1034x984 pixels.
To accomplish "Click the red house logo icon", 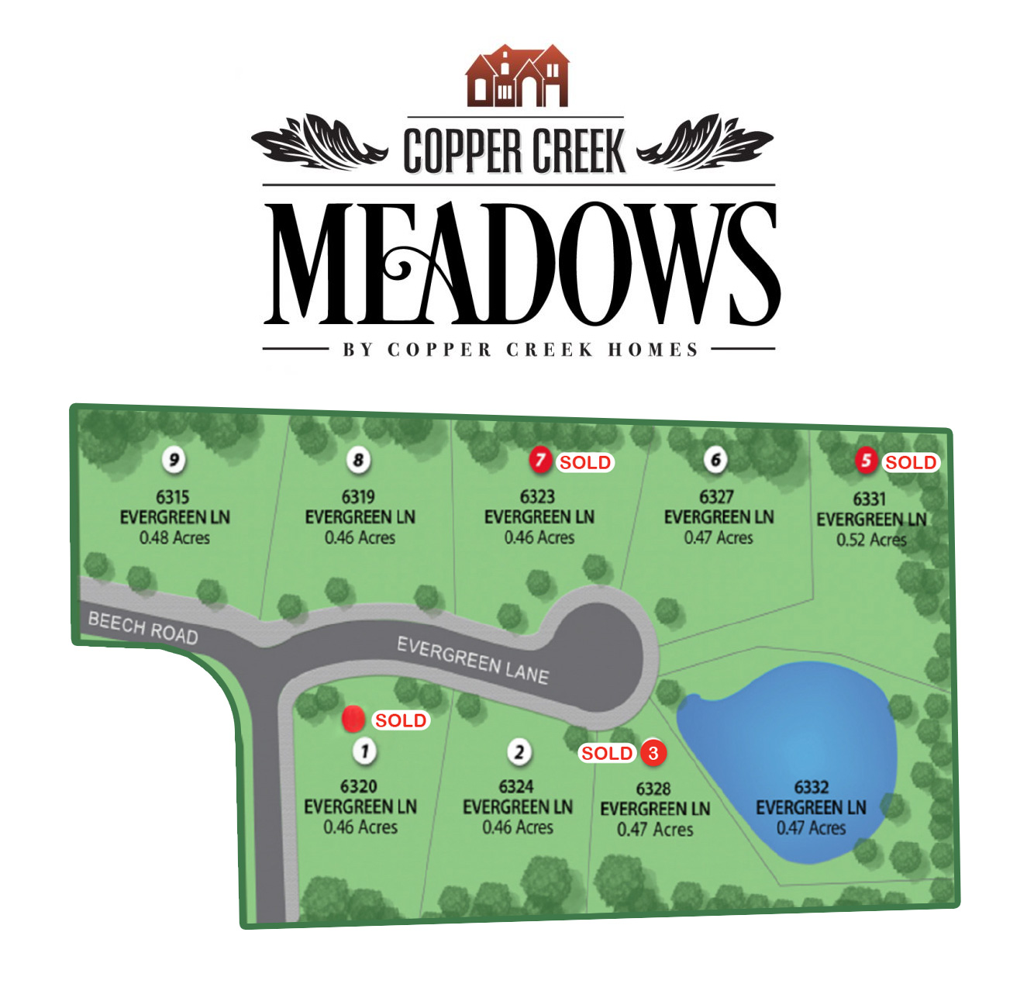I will [x=517, y=76].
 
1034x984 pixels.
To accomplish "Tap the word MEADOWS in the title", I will [x=521, y=264].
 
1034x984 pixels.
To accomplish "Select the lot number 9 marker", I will [x=174, y=460].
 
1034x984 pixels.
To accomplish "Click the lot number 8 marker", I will [x=358, y=460].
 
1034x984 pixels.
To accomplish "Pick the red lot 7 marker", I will [x=539, y=461].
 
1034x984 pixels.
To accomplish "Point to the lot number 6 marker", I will [x=715, y=460].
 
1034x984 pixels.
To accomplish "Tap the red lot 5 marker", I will [x=866, y=461].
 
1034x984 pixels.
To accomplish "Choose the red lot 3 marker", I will [x=653, y=753].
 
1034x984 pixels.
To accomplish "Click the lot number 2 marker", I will [x=519, y=751].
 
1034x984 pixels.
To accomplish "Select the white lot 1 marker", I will [x=364, y=751].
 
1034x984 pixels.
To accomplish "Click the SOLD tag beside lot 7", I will [x=585, y=463].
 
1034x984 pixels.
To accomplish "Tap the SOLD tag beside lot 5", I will [x=911, y=463].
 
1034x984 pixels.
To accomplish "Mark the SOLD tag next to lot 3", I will [x=607, y=753].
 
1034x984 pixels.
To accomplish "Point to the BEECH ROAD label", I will [x=143, y=628].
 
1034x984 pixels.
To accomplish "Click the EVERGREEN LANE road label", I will [x=473, y=661].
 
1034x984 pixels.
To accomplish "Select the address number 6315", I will [x=173, y=497].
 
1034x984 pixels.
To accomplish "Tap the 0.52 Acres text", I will [x=871, y=540].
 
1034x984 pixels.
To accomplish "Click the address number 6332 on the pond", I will [x=811, y=787].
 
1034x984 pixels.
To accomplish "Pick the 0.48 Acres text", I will [x=174, y=537].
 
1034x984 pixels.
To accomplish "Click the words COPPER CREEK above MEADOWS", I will [x=515, y=151].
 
